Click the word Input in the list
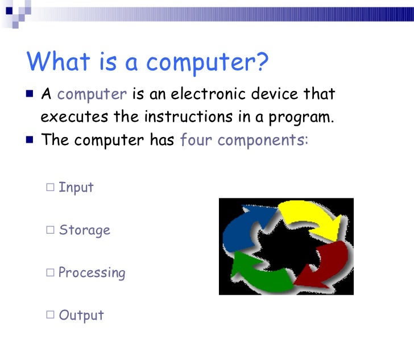tap(76, 187)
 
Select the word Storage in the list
tap(84, 230)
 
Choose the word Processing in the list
tap(92, 273)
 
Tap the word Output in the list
tap(81, 315)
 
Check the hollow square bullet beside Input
tap(51, 187)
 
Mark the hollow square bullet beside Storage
tap(51, 230)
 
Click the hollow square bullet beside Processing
tap(51, 272)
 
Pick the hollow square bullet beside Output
tap(51, 315)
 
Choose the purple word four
tap(196, 140)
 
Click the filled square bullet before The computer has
tap(30, 139)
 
